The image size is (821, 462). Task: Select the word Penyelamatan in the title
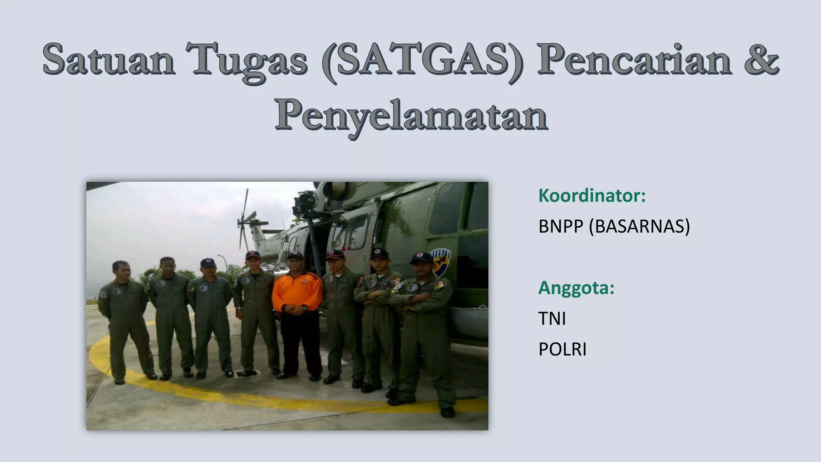point(411,116)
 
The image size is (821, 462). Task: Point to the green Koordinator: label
point(592,196)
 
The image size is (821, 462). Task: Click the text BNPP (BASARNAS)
point(614,227)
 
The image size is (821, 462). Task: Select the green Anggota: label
point(576,288)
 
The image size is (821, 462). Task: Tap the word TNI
point(552,319)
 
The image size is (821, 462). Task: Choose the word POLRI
point(562,350)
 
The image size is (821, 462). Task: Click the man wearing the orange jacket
point(297,305)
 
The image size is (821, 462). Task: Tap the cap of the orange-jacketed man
point(295,255)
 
